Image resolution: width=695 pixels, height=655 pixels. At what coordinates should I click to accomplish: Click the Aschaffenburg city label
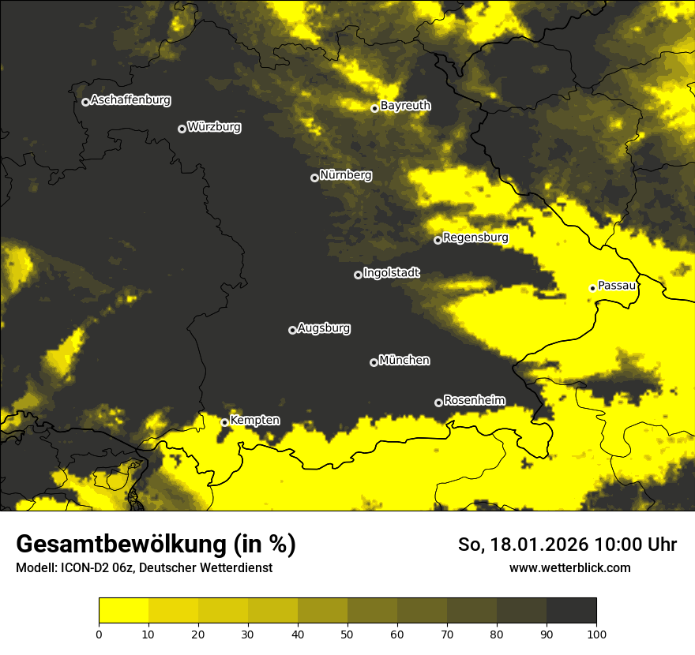pos(130,100)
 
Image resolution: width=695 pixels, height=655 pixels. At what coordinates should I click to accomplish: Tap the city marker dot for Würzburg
pos(182,129)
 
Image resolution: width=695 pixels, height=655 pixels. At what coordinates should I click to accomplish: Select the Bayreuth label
pos(405,105)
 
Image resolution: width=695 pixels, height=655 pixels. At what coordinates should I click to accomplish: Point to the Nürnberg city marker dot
pos(314,178)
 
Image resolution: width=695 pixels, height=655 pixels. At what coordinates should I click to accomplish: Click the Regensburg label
pos(475,238)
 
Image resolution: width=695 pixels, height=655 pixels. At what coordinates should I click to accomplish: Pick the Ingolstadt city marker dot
pos(358,275)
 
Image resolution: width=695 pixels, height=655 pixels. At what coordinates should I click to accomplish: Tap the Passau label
pos(617,286)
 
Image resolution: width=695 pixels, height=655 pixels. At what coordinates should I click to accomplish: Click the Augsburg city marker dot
pos(292,330)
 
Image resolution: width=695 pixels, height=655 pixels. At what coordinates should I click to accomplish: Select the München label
pos(404,361)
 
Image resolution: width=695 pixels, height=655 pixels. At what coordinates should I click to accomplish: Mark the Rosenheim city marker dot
pos(439,402)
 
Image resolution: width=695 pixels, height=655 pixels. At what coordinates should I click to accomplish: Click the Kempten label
pos(254,421)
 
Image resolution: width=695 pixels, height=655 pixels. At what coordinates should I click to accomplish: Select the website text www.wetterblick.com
pos(569,567)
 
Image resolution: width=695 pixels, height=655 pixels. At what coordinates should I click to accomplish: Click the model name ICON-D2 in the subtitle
pos(83,567)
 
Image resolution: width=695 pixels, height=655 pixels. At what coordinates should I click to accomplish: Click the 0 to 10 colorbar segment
pos(123,610)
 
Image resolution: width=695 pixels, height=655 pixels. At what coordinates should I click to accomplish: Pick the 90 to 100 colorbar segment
pos(571,610)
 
